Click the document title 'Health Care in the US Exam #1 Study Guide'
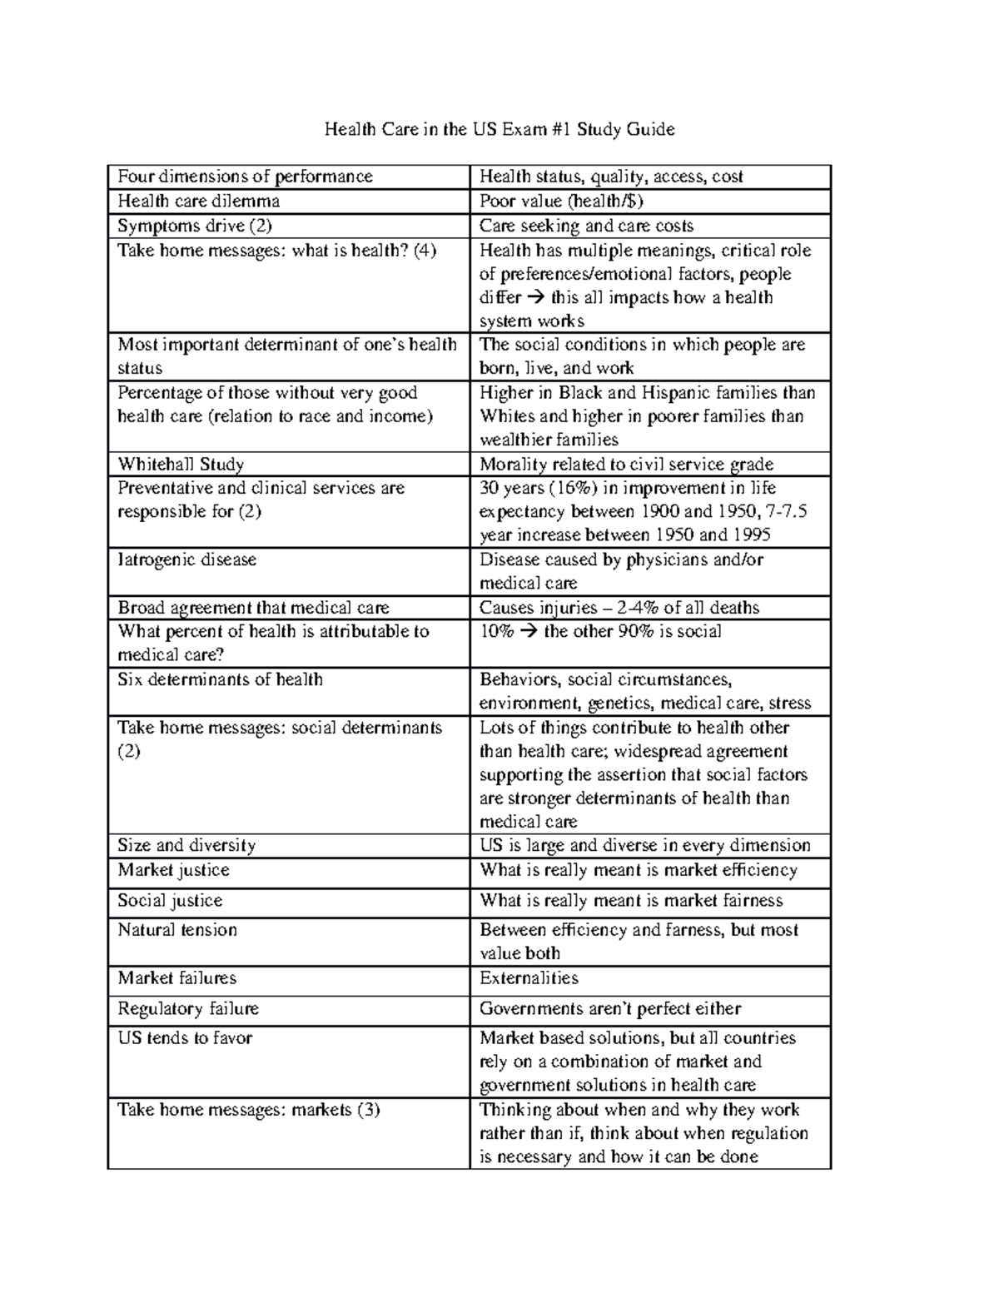click(499, 129)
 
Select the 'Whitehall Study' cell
click(181, 465)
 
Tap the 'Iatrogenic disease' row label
click(186, 559)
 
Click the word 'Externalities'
click(529, 978)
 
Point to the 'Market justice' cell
click(173, 870)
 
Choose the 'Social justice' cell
click(170, 901)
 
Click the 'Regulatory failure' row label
click(188, 1009)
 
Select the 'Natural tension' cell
click(177, 930)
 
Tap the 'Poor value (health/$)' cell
click(561, 201)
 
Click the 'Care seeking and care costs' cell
click(586, 226)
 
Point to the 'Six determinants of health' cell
click(220, 679)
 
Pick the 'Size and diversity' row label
click(186, 846)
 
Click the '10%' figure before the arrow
click(496, 631)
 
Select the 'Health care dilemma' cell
click(198, 201)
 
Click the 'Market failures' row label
click(176, 978)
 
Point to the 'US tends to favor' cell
click(185, 1038)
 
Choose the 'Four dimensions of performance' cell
click(245, 177)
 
